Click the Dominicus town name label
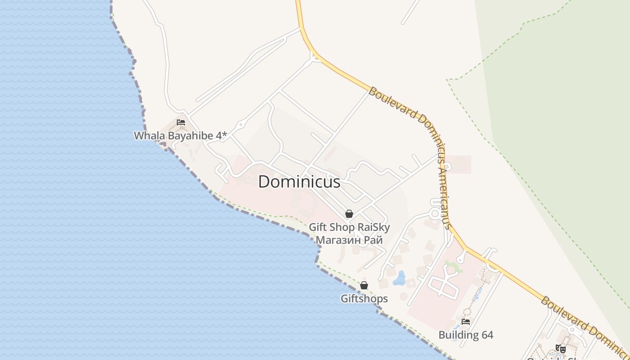pos(299,182)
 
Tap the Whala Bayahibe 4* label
pos(180,135)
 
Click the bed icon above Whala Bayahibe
pos(181,122)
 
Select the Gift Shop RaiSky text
pos(349,227)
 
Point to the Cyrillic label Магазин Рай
pos(349,240)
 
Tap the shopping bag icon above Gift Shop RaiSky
pos(349,214)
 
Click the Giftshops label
pos(364,298)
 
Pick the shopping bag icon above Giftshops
pos(364,285)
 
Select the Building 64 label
pos(466,335)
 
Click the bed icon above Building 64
pos(466,322)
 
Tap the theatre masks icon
pos(560,348)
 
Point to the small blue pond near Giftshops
pos(399,279)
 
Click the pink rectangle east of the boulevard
pos(459,164)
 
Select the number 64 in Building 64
pos(486,335)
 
